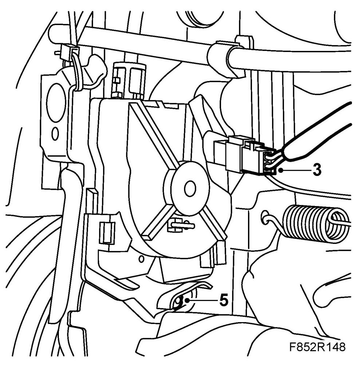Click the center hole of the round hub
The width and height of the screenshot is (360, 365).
tap(189, 188)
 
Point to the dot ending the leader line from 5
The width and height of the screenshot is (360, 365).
tap(187, 301)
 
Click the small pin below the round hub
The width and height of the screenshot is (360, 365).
tap(178, 226)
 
